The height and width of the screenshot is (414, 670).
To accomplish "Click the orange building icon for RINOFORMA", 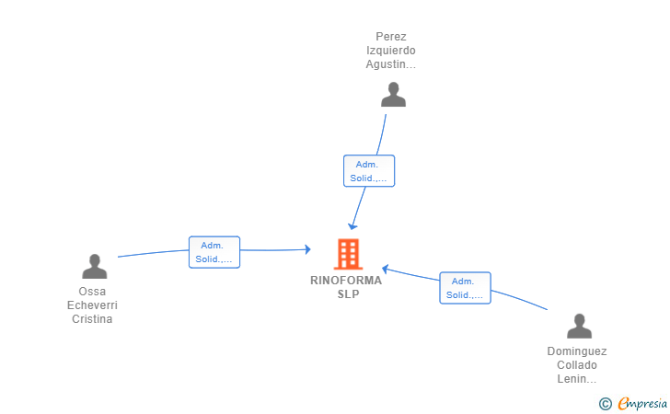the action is [x=348, y=254].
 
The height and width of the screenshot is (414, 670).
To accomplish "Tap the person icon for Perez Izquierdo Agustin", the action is [x=393, y=95].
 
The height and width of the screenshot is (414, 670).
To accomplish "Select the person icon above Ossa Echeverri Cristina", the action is [x=95, y=266].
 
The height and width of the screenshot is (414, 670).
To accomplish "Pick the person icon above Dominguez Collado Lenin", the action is [x=579, y=326].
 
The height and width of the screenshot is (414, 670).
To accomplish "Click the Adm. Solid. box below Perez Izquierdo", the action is [x=369, y=171].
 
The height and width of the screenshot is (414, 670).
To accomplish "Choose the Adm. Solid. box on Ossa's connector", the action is [x=214, y=252].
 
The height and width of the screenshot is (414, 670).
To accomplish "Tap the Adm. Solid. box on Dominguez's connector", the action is [x=466, y=288].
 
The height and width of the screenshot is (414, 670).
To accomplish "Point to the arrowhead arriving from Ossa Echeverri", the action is [x=307, y=249].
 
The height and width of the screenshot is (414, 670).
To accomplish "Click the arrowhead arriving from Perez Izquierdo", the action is [x=352, y=226].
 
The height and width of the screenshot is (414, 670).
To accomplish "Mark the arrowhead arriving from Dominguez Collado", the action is [x=385, y=270].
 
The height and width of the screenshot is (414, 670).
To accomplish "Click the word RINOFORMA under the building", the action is [x=346, y=281].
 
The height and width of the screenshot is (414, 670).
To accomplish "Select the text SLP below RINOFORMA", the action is [x=348, y=294].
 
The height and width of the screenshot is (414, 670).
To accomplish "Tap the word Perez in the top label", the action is [x=391, y=37].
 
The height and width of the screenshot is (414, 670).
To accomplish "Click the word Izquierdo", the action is [x=390, y=51].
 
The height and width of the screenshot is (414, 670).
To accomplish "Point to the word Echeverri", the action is [x=92, y=305].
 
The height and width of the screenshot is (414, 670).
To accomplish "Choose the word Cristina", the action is [x=92, y=318].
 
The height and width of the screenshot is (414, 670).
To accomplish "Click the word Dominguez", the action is [x=577, y=351].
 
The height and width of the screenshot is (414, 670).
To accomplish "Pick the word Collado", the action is [x=577, y=365].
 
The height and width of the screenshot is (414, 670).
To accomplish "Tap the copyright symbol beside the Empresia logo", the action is [x=606, y=404].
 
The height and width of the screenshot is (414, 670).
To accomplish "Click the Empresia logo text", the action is [x=642, y=403].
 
